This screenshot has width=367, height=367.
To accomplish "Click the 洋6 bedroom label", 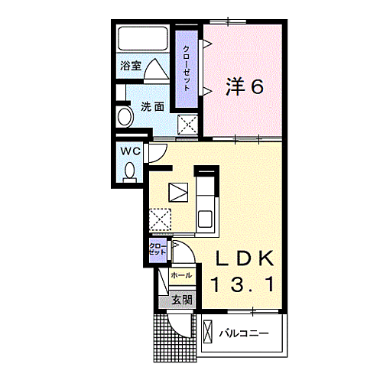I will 245,87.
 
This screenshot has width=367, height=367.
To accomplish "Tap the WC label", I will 129,151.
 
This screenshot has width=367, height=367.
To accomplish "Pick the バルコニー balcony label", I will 243,333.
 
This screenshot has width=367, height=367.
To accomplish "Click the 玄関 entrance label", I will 180,299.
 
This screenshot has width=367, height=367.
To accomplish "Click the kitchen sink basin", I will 206,219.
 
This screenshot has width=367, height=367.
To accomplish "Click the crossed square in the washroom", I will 187,124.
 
